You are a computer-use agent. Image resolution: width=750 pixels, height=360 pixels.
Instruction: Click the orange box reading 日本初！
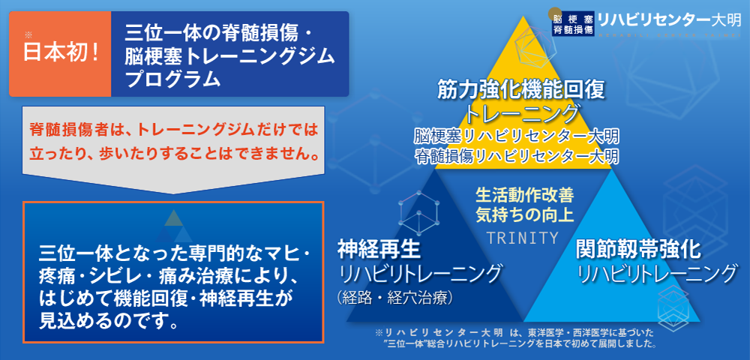(60, 54)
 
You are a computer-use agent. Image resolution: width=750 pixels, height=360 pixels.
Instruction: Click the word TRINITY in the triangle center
(523, 238)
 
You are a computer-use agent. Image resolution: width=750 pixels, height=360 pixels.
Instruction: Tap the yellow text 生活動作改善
(524, 195)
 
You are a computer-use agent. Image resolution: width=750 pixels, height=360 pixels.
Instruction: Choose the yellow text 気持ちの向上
(524, 216)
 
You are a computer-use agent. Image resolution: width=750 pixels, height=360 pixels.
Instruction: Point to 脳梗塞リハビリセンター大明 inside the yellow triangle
(517, 137)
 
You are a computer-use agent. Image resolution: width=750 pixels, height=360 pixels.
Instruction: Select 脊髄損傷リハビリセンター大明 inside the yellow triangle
(517, 157)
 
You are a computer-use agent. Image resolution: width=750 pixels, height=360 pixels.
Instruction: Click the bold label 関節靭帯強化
(639, 247)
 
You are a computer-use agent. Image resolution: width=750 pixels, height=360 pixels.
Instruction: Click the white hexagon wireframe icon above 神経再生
(418, 214)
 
